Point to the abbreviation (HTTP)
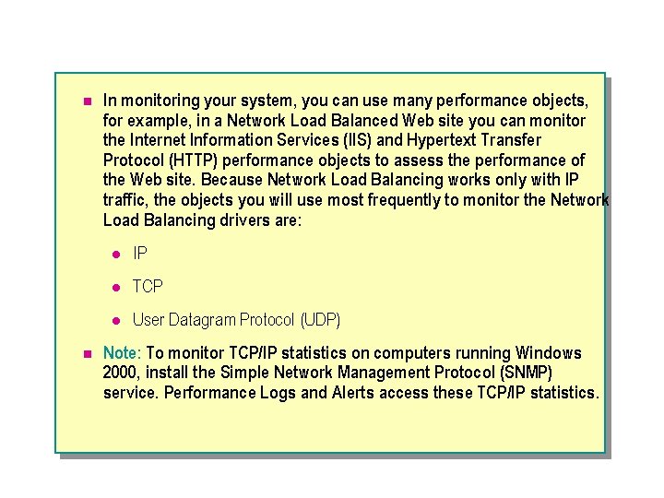pyautogui.click(x=187, y=160)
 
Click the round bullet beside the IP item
pyautogui.click(x=116, y=254)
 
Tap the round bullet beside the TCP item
pyautogui.click(x=116, y=288)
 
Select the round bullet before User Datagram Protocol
pyautogui.click(x=116, y=321)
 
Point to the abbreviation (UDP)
pyautogui.click(x=319, y=320)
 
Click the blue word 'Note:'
pyautogui.click(x=122, y=353)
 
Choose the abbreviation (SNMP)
pyautogui.click(x=523, y=373)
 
